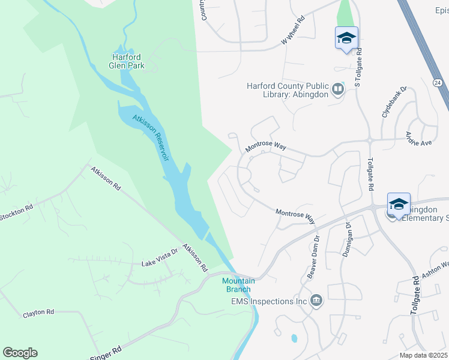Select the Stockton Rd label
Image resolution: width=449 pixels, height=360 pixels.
point(16,212)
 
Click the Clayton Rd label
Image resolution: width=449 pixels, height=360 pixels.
point(38,313)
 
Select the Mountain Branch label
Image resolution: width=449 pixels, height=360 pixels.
point(238,285)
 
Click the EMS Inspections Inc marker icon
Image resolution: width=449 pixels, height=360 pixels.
point(317,300)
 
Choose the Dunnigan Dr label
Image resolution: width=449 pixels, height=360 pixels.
point(348,238)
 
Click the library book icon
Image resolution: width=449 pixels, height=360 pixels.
point(338,89)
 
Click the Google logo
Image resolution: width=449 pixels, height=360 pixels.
point(20,353)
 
